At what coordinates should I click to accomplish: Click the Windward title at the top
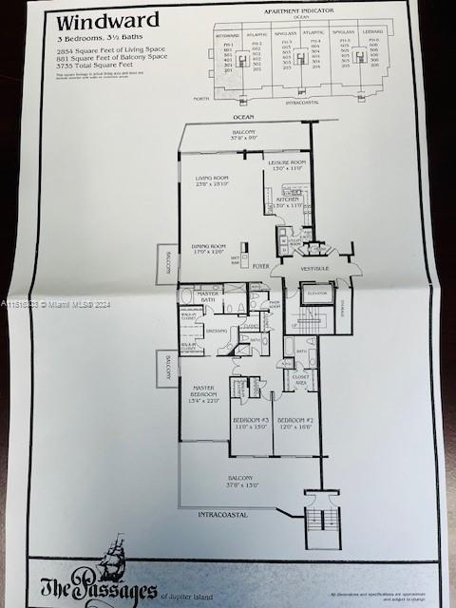[x=93, y=21]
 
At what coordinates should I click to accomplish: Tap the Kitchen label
[x=287, y=200]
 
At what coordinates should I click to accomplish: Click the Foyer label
[x=261, y=268]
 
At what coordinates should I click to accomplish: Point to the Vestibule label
[x=314, y=269]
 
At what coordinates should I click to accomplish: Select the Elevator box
[x=315, y=295]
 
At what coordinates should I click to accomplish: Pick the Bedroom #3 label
[x=252, y=423]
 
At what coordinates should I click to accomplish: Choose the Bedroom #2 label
[x=294, y=423]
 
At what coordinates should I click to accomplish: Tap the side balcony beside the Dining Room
[x=167, y=263]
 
